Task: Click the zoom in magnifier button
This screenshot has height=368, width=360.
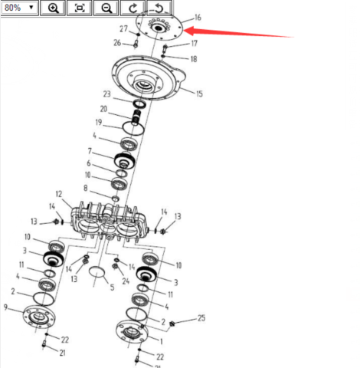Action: click(53, 8)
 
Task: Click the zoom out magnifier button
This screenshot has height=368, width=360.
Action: click(106, 8)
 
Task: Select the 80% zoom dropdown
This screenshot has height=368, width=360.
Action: click(19, 8)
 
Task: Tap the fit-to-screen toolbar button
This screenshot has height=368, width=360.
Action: click(80, 8)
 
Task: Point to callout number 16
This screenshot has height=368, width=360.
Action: click(198, 18)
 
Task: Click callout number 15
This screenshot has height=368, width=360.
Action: click(199, 94)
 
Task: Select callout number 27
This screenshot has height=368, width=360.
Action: click(123, 28)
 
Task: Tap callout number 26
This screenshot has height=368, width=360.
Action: click(117, 43)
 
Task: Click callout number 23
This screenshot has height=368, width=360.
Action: click(107, 94)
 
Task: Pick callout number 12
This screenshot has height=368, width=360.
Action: click(59, 194)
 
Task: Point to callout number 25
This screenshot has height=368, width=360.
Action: click(201, 318)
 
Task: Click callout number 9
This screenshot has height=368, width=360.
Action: click(5, 307)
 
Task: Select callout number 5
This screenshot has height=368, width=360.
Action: click(112, 287)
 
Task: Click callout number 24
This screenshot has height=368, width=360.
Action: click(126, 281)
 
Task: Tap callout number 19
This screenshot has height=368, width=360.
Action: click(99, 122)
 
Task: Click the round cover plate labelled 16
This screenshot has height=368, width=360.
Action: click(159, 27)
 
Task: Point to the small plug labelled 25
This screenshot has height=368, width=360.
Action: click(172, 324)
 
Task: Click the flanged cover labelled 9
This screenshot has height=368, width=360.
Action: click(39, 317)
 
